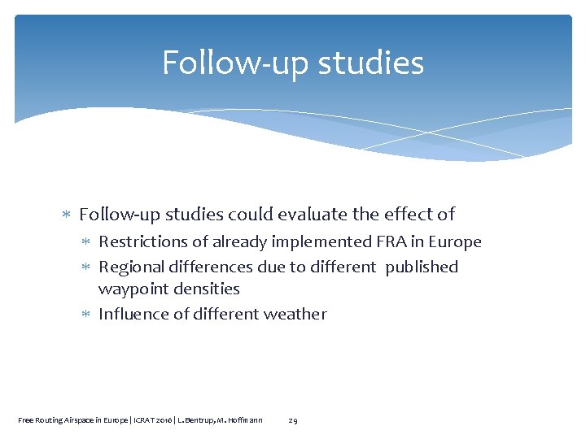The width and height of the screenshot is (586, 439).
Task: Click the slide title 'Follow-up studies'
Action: pyautogui.click(x=293, y=63)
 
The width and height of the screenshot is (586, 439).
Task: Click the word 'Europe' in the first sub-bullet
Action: pyautogui.click(x=454, y=242)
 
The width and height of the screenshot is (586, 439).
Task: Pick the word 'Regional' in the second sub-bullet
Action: pyautogui.click(x=131, y=267)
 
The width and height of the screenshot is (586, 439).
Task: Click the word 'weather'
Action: pyautogui.click(x=295, y=315)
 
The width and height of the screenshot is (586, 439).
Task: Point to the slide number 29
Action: pyautogui.click(x=293, y=420)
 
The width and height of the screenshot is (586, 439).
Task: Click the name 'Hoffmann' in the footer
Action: pyautogui.click(x=243, y=420)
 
